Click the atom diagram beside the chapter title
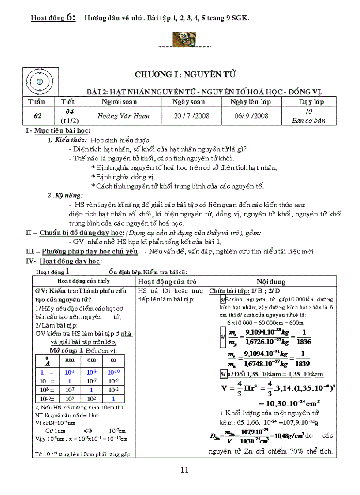coord(40,82)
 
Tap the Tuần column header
coord(37,102)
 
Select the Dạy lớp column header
coord(308,102)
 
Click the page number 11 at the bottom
coord(184,469)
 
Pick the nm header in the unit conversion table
coord(70,360)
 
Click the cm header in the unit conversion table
coord(91,360)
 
